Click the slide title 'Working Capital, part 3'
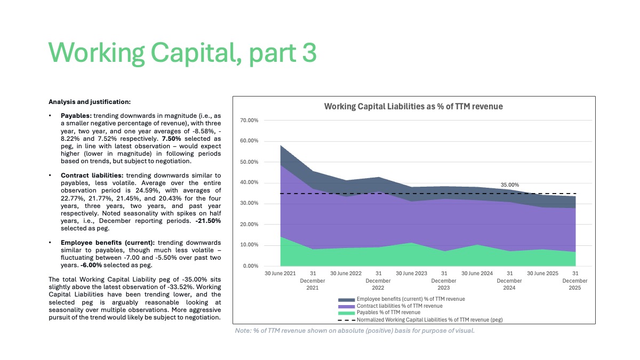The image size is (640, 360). click(182, 53)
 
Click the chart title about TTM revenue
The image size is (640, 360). click(413, 106)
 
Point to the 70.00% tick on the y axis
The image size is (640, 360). click(249, 121)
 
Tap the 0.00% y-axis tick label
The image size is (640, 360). click(251, 266)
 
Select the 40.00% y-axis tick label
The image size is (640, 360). click(249, 182)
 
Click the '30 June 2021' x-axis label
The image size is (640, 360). click(280, 274)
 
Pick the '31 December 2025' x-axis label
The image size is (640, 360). click(575, 281)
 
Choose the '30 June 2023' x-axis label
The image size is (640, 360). click(411, 274)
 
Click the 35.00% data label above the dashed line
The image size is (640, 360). click(510, 185)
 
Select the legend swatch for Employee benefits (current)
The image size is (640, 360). click(346, 300)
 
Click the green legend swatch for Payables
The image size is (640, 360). click(346, 313)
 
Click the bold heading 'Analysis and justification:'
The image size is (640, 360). click(90, 102)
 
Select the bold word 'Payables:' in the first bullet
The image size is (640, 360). click(76, 116)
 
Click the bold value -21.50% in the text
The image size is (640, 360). click(208, 221)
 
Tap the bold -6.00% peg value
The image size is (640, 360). click(91, 265)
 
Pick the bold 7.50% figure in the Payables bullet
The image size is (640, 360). click(171, 139)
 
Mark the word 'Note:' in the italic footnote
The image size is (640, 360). click(243, 331)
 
